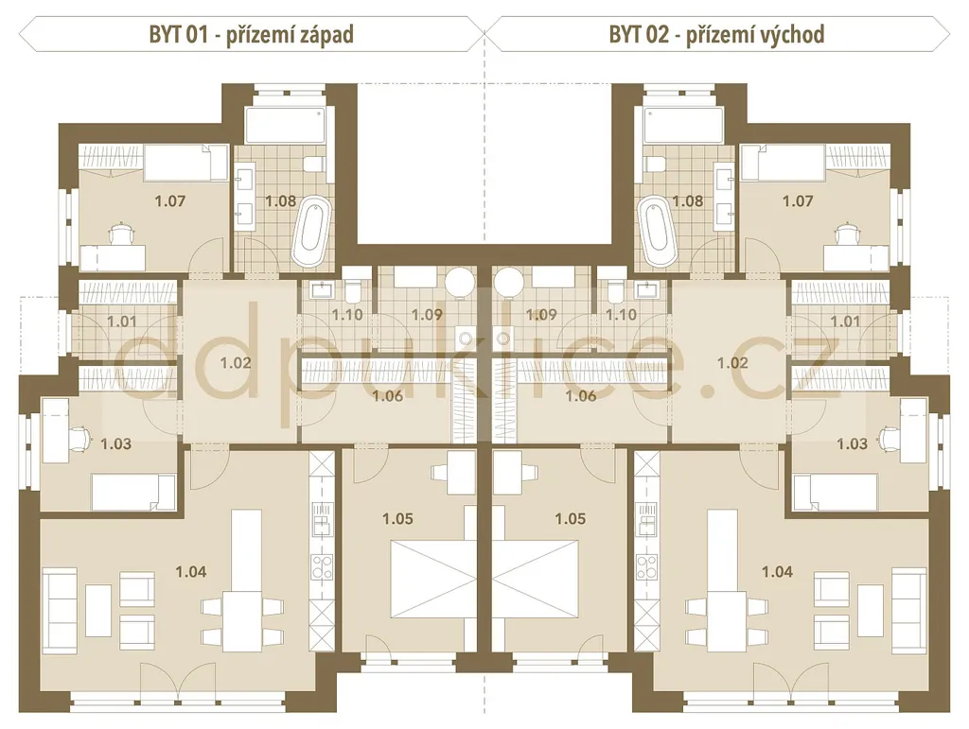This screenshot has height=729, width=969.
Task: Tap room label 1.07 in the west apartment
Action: tap(170, 200)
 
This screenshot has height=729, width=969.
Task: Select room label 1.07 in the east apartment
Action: tap(798, 200)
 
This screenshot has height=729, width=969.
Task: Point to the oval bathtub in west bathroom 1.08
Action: tap(311, 231)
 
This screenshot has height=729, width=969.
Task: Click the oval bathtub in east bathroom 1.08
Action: tap(658, 231)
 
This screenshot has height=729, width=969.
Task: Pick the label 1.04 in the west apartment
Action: tap(191, 572)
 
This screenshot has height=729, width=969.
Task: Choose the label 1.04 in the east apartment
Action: tap(777, 572)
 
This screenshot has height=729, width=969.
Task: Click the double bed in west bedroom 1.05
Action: tap(433, 579)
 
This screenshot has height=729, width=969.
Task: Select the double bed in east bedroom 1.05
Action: tap(536, 579)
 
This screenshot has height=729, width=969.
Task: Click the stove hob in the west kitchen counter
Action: tap(322, 567)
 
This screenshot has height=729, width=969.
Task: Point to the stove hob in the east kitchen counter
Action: tap(647, 567)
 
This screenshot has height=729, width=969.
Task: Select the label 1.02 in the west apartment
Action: tap(236, 363)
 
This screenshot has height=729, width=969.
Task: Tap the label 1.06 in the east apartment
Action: tap(581, 395)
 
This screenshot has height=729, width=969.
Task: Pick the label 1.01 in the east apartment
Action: tap(845, 321)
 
